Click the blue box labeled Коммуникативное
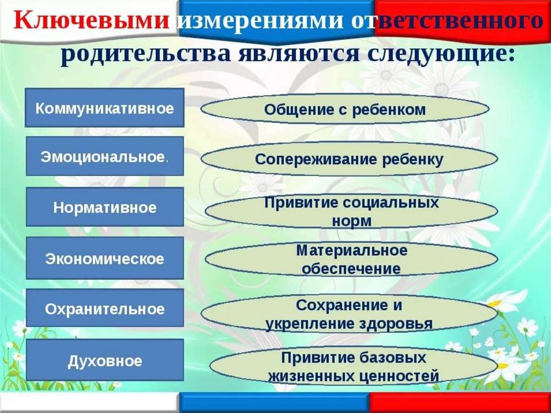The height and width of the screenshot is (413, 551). [104, 108]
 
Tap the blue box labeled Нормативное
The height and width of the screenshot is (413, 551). [104, 207]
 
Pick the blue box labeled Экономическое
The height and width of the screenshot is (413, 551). [104, 258]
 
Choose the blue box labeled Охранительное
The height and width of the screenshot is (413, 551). [104, 309]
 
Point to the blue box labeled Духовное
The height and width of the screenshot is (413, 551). [104, 360]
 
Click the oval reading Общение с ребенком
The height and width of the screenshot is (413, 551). [345, 110]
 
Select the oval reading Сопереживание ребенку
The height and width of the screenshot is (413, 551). [349, 159]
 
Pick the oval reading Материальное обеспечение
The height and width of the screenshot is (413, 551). [351, 260]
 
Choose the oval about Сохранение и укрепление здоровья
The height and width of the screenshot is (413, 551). [349, 314]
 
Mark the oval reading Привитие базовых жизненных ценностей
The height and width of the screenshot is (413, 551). [353, 366]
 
